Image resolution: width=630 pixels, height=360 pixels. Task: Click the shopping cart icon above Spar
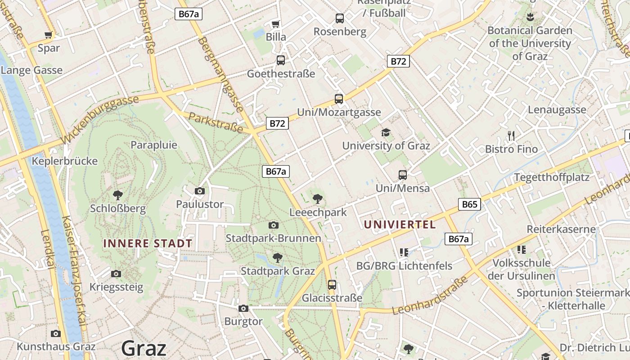click(49, 35)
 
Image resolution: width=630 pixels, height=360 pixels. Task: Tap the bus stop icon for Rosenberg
click(340, 18)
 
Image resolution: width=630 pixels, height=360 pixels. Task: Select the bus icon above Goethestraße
click(281, 60)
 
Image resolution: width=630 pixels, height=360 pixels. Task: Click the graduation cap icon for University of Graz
click(386, 132)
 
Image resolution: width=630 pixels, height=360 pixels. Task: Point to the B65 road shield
click(469, 204)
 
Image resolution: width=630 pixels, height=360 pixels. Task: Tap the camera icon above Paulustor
click(200, 191)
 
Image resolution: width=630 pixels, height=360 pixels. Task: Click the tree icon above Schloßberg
click(118, 195)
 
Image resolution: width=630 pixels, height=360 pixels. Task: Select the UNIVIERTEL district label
click(400, 225)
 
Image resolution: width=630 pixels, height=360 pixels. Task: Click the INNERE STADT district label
click(148, 243)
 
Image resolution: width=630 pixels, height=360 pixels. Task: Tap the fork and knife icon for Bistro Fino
click(511, 135)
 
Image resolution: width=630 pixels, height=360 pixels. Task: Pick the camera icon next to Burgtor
click(243, 308)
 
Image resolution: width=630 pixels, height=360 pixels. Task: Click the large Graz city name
click(144, 348)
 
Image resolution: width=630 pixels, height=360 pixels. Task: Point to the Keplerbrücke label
click(65, 161)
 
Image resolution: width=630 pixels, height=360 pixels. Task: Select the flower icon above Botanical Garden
click(530, 17)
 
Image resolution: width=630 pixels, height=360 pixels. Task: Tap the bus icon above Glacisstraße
click(332, 284)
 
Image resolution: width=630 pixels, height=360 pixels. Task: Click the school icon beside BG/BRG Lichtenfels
click(404, 252)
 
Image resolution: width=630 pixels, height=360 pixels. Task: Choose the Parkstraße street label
click(216, 123)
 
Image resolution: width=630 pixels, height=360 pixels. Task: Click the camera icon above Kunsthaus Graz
click(56, 333)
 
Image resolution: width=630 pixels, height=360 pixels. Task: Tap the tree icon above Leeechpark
click(318, 198)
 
